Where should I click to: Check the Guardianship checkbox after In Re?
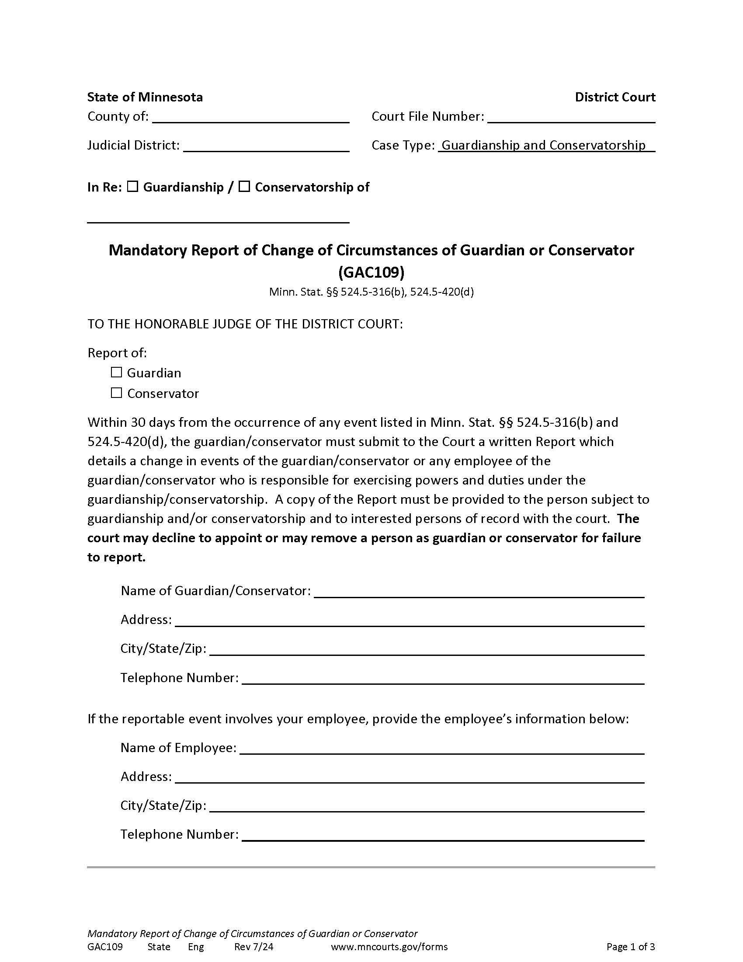(132, 187)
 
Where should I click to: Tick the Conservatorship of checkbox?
(244, 187)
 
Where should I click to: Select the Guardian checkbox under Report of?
(116, 372)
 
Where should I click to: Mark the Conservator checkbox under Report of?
(116, 393)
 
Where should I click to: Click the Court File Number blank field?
(571, 118)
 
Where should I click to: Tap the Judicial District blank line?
(266, 147)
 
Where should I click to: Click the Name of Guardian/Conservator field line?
(479, 592)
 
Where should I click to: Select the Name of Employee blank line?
(441, 749)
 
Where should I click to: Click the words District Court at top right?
(615, 98)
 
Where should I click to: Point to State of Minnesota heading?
(145, 98)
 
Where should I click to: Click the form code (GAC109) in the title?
(371, 272)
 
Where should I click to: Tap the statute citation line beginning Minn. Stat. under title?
(371, 292)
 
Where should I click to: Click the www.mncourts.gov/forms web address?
(389, 947)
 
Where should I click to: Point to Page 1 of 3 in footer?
(630, 947)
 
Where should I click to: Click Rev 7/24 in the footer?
(253, 947)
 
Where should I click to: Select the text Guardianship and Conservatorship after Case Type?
(543, 145)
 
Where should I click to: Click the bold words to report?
(116, 557)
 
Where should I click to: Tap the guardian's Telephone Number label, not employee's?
(179, 678)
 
